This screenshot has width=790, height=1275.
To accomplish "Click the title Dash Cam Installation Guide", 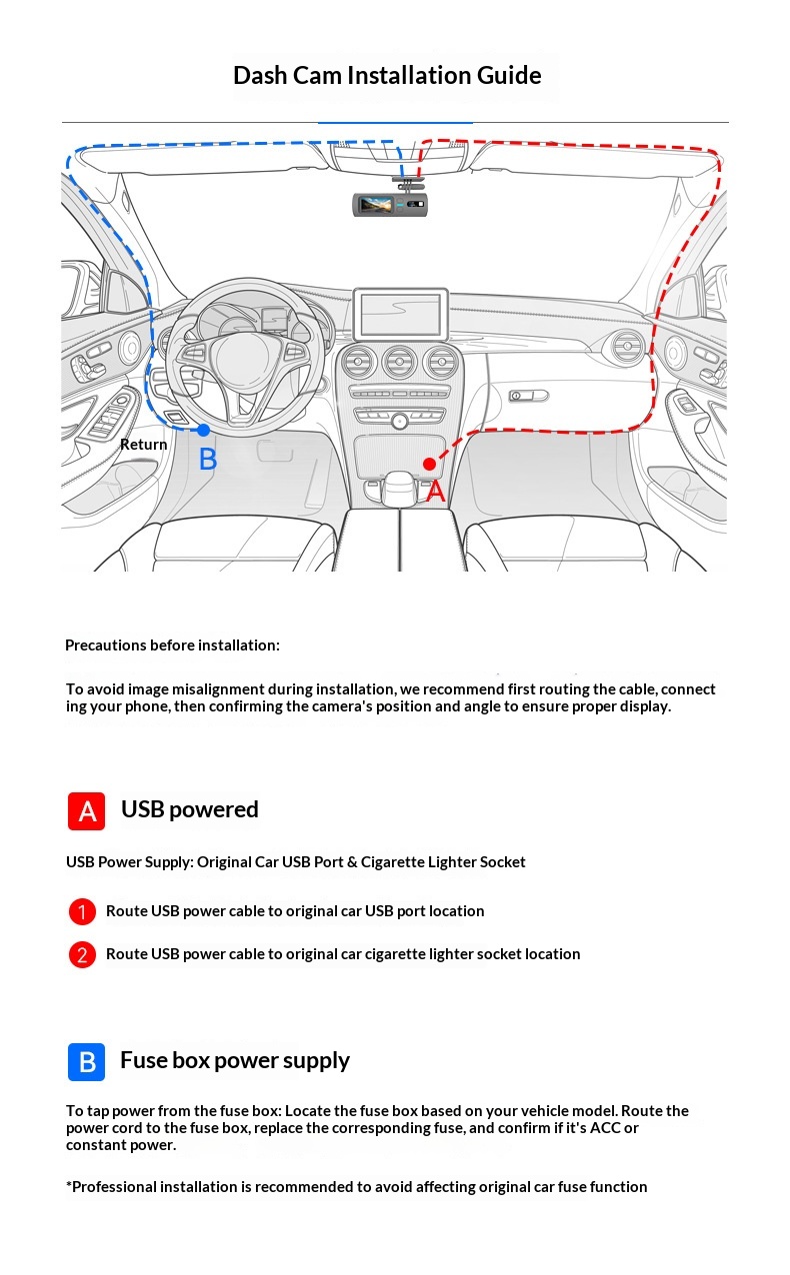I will [x=387, y=76].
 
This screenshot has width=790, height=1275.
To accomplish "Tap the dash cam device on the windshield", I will [x=389, y=205].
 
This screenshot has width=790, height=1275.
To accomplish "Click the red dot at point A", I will [x=429, y=464].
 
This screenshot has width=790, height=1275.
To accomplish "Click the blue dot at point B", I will [x=204, y=430].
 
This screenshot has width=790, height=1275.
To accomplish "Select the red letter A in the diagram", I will [x=435, y=492].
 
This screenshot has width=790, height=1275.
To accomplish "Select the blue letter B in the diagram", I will [x=208, y=460].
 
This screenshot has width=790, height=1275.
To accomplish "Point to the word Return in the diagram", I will [x=144, y=445].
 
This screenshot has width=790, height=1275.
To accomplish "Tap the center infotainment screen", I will [x=400, y=314].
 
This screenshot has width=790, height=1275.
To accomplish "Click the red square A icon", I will [x=86, y=810].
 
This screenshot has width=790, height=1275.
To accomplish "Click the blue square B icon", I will [x=86, y=1061].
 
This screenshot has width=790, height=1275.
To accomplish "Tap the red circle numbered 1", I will [x=82, y=911].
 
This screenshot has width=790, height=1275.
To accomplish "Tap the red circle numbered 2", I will [x=82, y=954].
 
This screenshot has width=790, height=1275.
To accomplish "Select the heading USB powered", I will [x=190, y=809].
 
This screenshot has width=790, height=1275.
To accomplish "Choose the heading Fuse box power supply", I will [x=235, y=1060].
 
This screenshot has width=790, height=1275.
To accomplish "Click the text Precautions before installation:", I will [x=172, y=645].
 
